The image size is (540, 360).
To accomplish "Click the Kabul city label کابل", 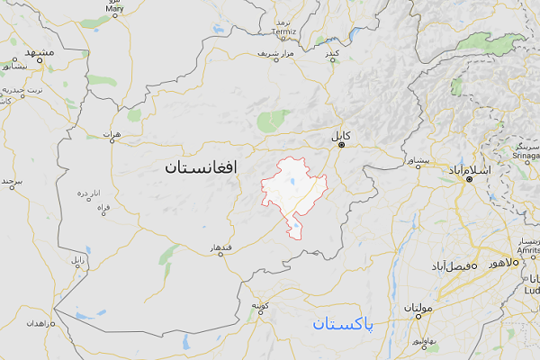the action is pos(340,136).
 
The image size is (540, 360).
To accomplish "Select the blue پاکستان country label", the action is pos(345,324).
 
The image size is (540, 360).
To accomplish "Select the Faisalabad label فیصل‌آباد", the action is pos(448,267).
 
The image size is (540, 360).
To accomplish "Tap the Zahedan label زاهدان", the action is pos(40,321).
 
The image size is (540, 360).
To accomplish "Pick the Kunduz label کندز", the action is pos(332,55).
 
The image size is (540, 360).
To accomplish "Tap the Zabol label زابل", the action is pos(78,260).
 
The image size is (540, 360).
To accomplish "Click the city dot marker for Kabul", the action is pos(341,147).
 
